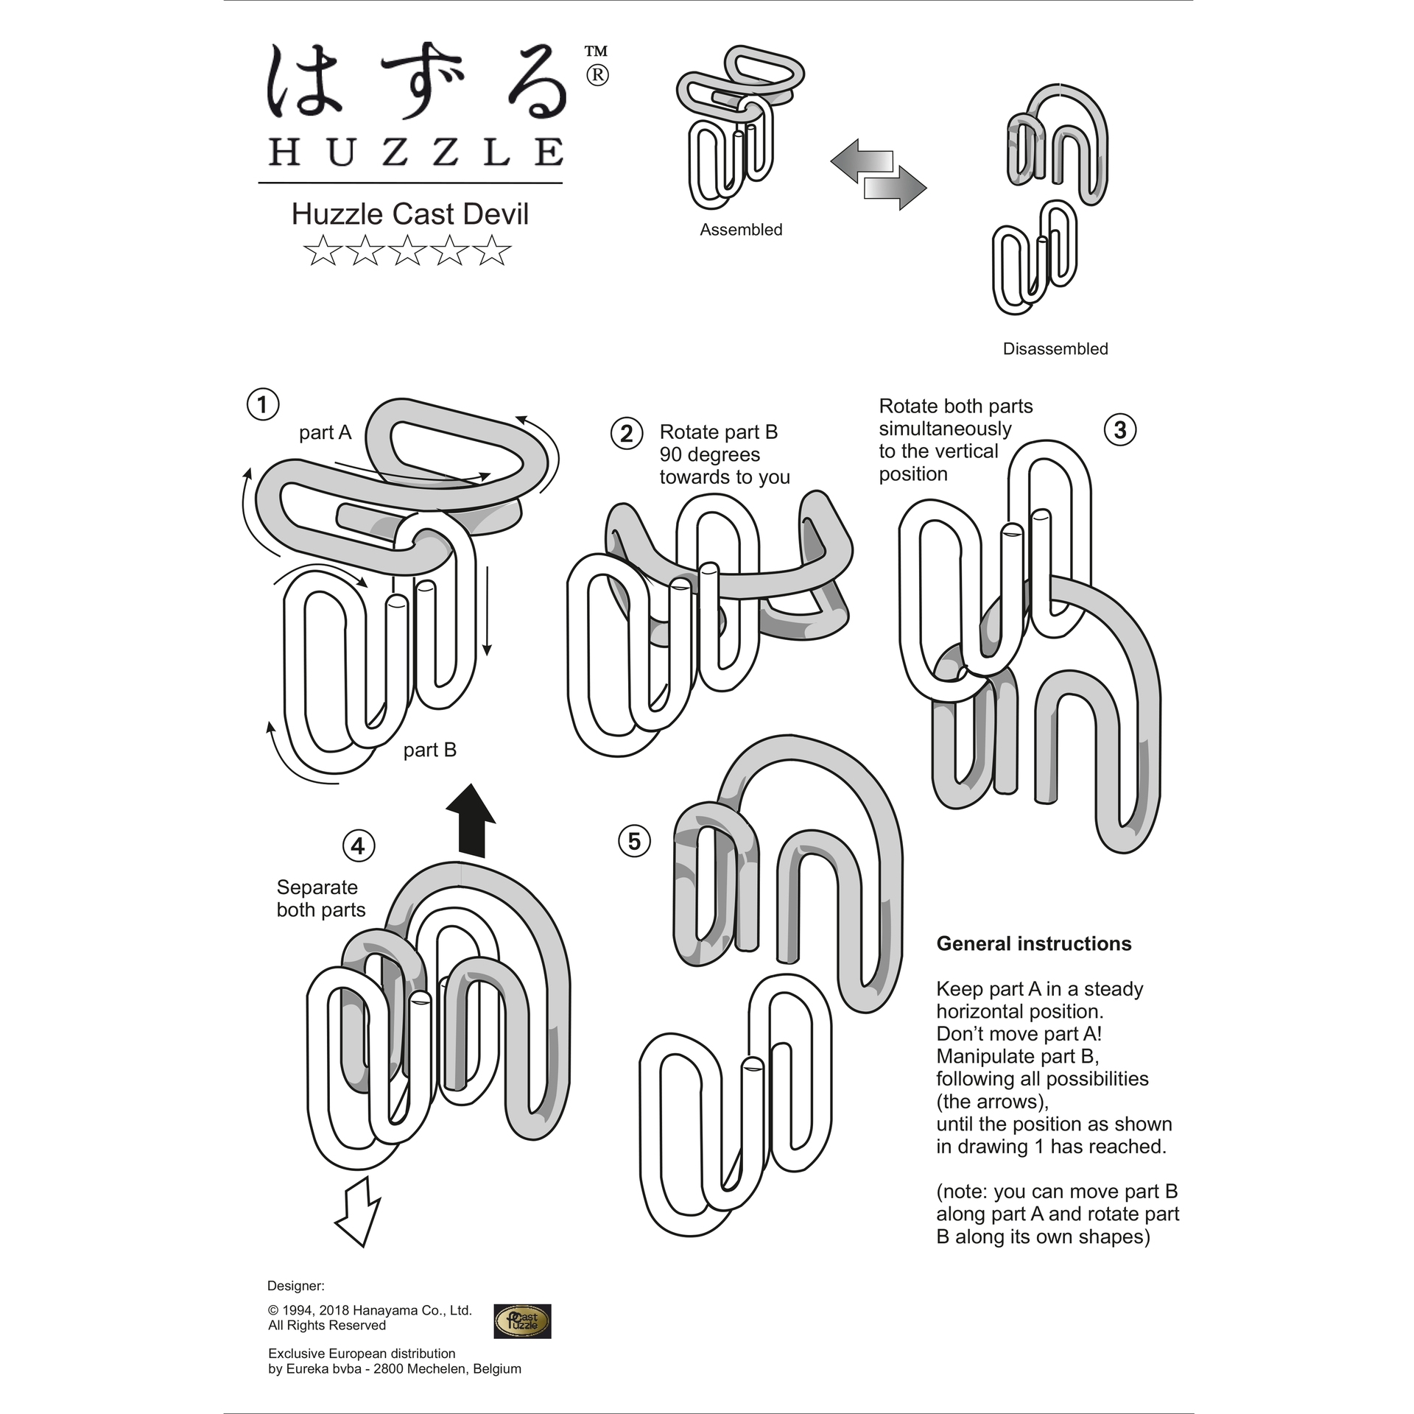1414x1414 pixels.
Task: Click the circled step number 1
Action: pyautogui.click(x=262, y=404)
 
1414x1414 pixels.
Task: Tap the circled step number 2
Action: pyautogui.click(x=627, y=433)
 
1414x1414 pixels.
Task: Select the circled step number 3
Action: pyautogui.click(x=1120, y=429)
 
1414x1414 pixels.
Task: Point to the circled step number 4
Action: pyautogui.click(x=359, y=845)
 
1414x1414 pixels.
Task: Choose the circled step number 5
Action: pyautogui.click(x=634, y=841)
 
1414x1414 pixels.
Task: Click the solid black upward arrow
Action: pyautogui.click(x=471, y=820)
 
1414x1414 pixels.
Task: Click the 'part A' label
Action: pyautogui.click(x=326, y=433)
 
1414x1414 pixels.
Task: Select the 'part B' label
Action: pyautogui.click(x=430, y=750)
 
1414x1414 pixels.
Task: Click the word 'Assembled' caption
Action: pyautogui.click(x=741, y=230)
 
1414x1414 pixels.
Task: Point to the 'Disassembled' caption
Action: pyautogui.click(x=1055, y=349)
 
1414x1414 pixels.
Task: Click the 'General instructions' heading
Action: pyautogui.click(x=1034, y=944)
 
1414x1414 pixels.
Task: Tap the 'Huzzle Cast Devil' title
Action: pyautogui.click(x=410, y=214)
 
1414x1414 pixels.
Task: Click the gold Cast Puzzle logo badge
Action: pyautogui.click(x=522, y=1321)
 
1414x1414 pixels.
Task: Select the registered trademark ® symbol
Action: pyautogui.click(x=597, y=75)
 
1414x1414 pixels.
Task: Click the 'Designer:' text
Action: pyautogui.click(x=296, y=1286)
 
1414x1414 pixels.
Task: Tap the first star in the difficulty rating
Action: pyautogui.click(x=321, y=251)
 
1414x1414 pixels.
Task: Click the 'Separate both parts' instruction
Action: pyautogui.click(x=321, y=898)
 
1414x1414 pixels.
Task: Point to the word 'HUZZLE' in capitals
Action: pyautogui.click(x=416, y=152)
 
